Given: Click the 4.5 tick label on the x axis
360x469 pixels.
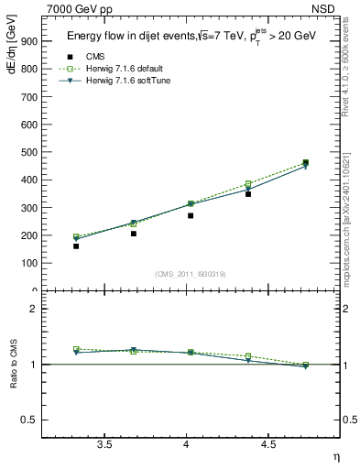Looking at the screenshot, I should (x=267, y=445).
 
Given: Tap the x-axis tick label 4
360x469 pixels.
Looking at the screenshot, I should (x=186, y=445).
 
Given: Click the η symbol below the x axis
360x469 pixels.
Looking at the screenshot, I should (x=335, y=456).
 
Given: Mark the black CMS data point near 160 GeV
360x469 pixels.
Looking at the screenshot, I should (x=76, y=245).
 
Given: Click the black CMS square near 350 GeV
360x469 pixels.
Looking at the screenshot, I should (x=248, y=193).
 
